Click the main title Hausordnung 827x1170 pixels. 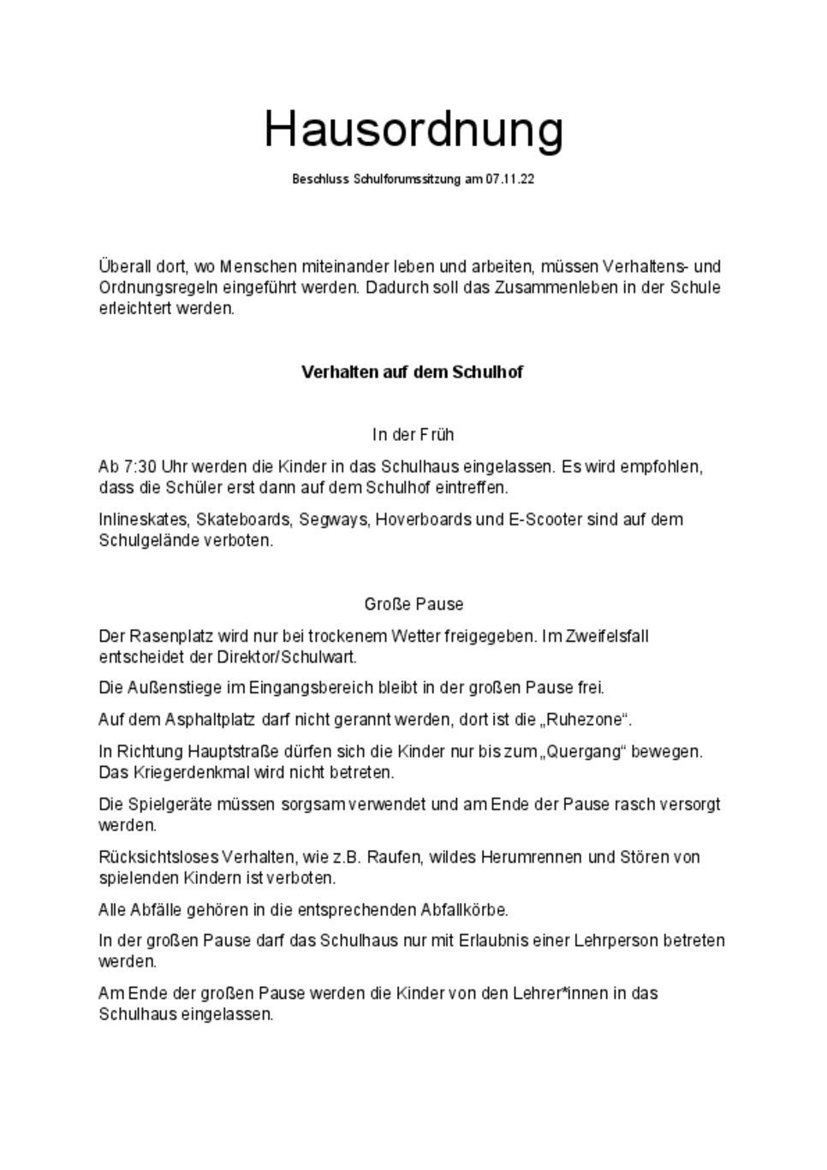point(413,130)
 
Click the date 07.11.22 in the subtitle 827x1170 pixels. point(510,180)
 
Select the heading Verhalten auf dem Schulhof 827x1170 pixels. point(412,372)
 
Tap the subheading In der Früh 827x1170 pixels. point(413,435)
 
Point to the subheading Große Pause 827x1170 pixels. point(413,604)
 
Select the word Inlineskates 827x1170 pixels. point(144,520)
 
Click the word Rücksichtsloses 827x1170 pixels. point(158,857)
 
